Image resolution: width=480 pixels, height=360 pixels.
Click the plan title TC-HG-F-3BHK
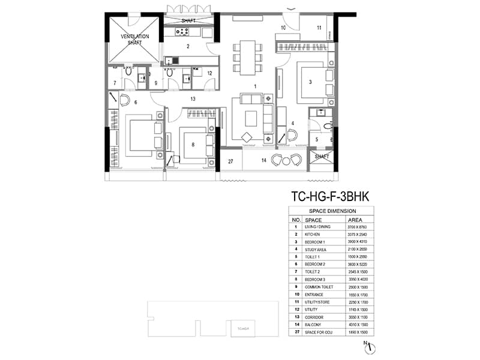coord(331,196)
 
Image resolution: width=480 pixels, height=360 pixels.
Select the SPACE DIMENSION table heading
coord(332,211)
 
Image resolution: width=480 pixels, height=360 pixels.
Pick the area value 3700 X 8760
coord(355,227)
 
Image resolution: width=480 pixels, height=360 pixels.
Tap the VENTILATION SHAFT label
coord(135,40)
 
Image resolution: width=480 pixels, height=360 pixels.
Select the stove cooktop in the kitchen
coord(181,32)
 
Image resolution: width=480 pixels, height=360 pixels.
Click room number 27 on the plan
coord(230,161)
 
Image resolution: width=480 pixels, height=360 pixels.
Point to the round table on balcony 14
coord(286,160)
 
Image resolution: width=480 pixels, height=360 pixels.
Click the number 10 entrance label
coord(283,28)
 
